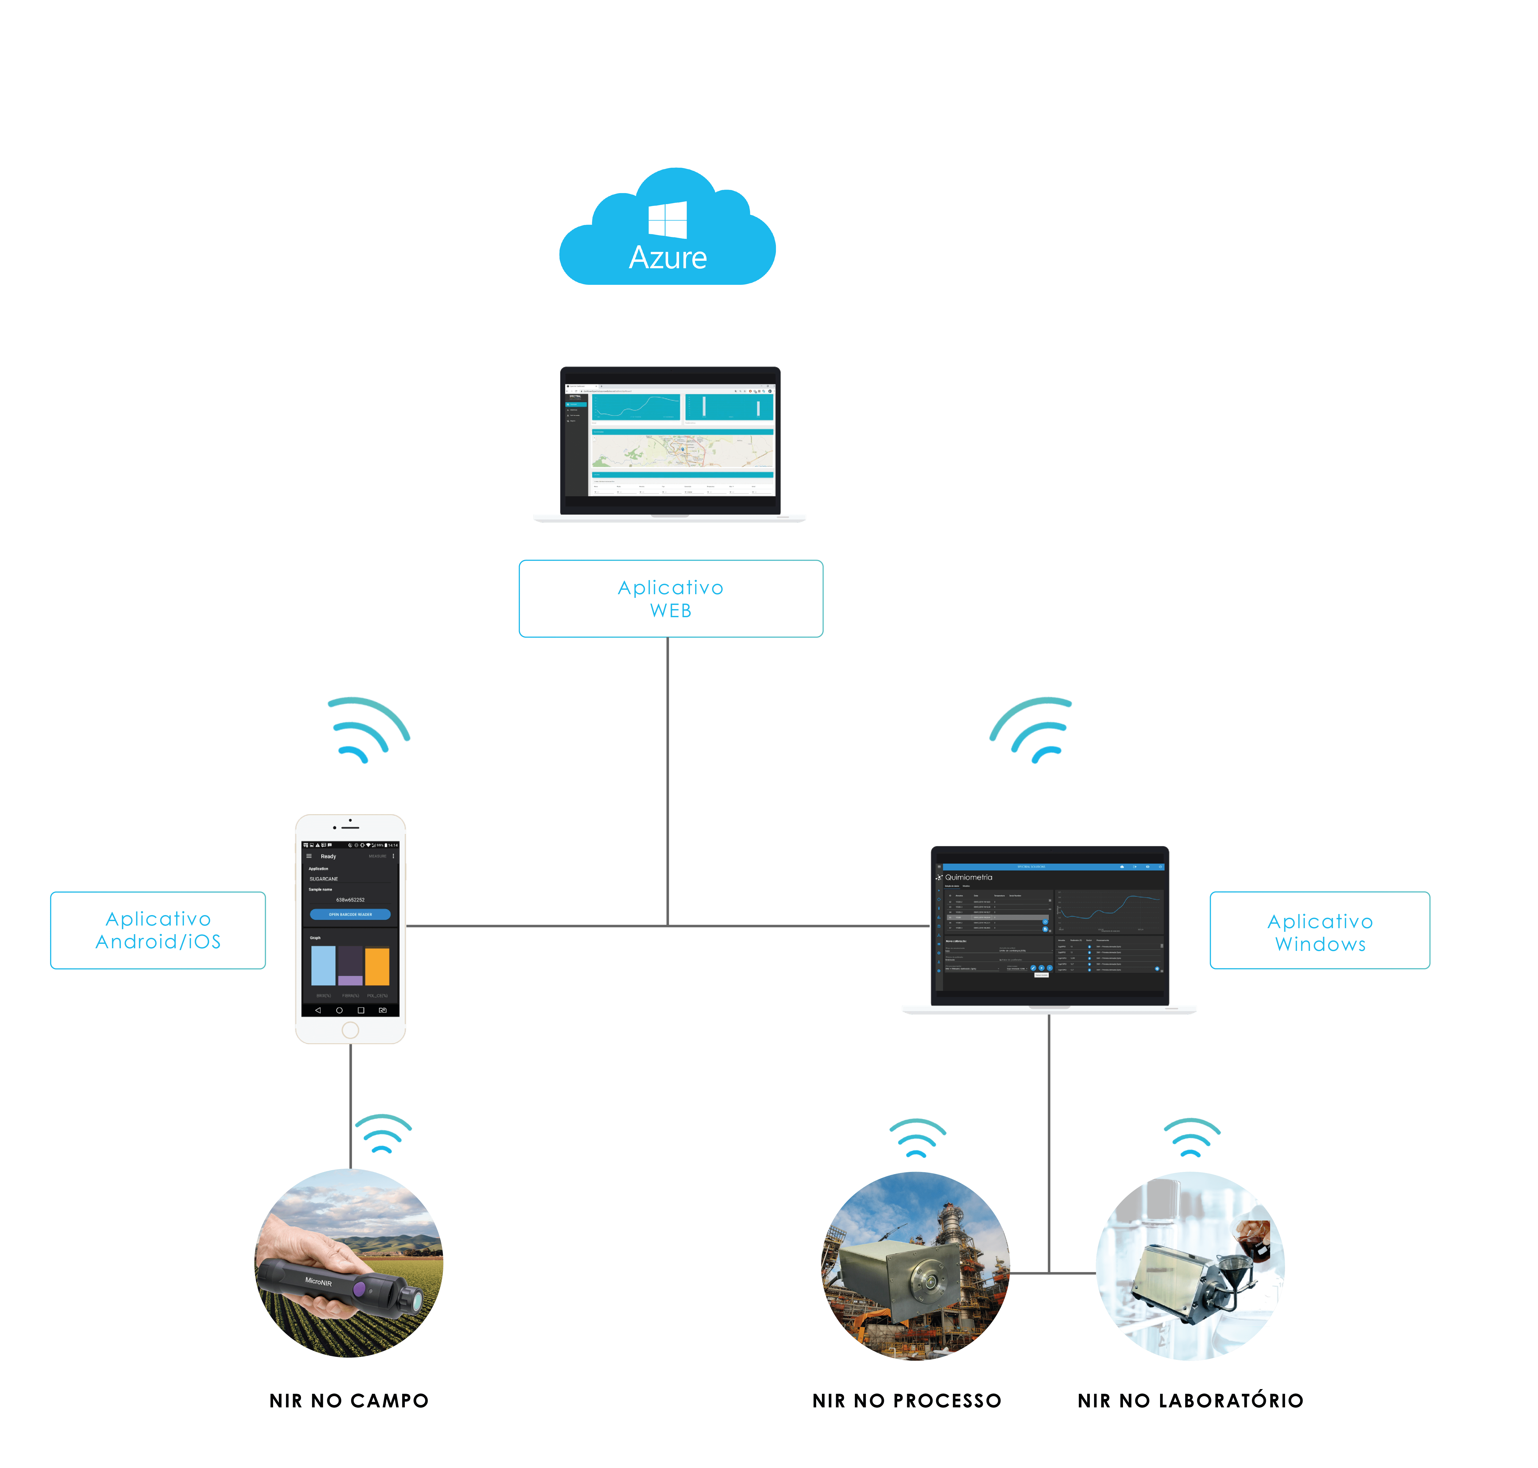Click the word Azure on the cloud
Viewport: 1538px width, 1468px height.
(x=668, y=257)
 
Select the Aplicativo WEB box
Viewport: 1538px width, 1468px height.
(x=671, y=599)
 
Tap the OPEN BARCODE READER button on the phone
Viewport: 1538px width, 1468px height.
(x=350, y=914)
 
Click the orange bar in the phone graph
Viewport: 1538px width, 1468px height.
(x=377, y=966)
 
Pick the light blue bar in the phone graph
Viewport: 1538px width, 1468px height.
(x=323, y=965)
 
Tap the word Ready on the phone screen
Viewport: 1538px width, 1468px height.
(x=328, y=856)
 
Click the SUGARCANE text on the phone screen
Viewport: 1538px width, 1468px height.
(x=324, y=879)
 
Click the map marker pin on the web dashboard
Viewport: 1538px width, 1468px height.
(x=683, y=449)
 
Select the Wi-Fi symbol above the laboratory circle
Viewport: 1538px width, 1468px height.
(x=1191, y=1138)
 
